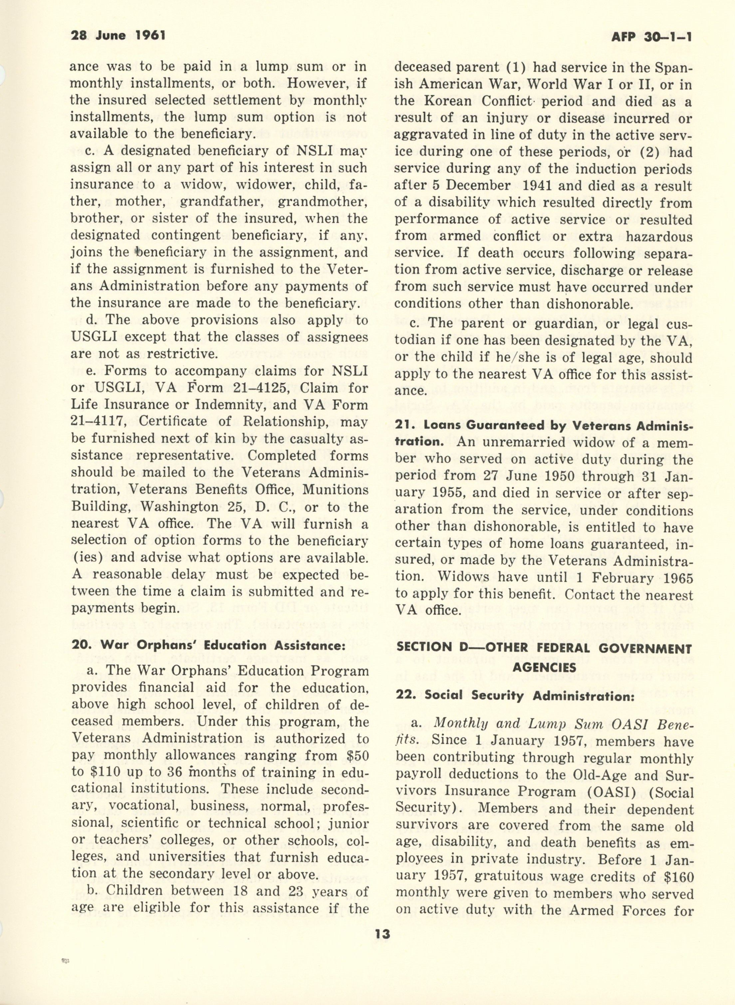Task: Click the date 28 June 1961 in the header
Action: (x=118, y=35)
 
